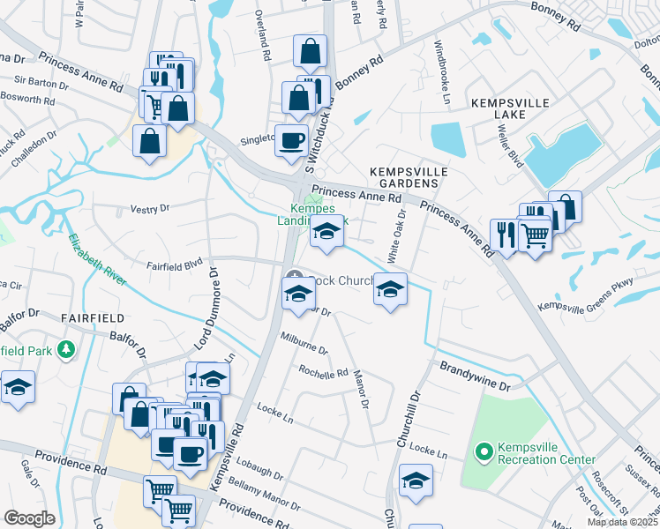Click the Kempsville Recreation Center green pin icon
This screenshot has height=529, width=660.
click(484, 453)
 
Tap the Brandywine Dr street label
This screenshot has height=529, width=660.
click(476, 373)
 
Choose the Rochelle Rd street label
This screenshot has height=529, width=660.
click(323, 372)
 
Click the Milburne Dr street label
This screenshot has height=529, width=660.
click(304, 343)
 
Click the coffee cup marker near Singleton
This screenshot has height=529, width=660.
click(290, 139)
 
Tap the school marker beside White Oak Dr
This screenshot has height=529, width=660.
click(389, 289)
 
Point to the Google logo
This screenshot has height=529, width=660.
click(29, 518)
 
